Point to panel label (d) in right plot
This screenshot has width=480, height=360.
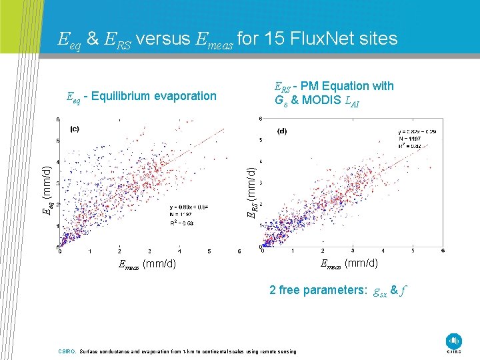(x=281, y=131)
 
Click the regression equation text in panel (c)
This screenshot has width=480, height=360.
(x=189, y=207)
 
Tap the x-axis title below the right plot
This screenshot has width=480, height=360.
(x=349, y=263)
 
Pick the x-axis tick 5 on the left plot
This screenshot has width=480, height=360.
(x=209, y=252)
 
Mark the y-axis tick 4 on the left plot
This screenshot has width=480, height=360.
(x=58, y=162)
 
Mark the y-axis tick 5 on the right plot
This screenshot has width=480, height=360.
(x=260, y=140)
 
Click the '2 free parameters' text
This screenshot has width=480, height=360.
(x=317, y=291)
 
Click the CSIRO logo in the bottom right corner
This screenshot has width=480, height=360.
(x=455, y=341)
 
